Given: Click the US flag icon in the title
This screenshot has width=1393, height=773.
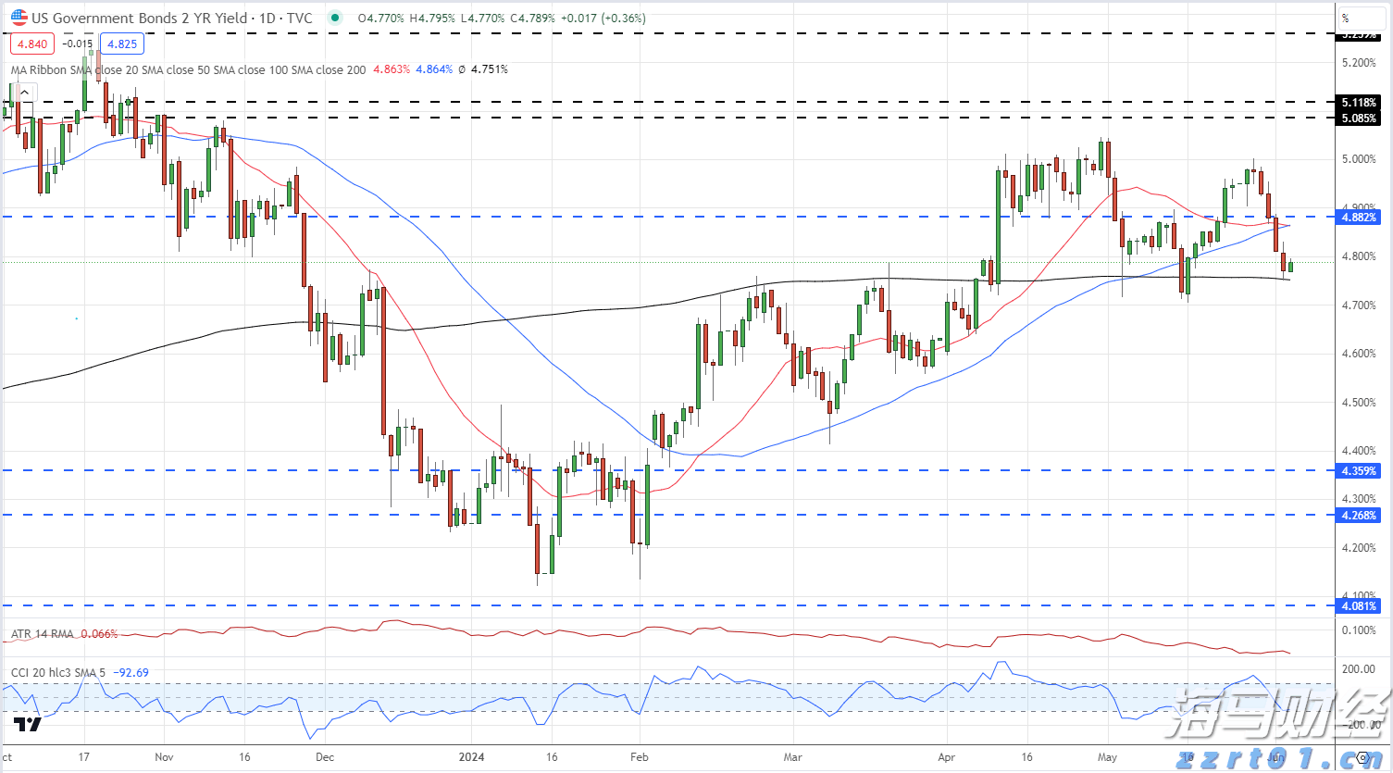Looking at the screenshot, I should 19,18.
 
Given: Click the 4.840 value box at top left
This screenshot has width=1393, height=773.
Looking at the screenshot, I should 32,44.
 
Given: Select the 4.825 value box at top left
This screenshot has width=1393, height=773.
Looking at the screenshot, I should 122,44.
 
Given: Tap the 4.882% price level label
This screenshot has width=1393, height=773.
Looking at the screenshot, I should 1358,218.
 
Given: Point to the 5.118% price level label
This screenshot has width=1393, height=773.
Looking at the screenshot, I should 1358,103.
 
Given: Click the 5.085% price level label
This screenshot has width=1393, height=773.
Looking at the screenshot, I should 1358,118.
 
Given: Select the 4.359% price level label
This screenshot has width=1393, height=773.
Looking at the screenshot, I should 1358,471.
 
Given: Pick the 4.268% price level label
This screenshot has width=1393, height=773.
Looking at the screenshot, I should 1358,516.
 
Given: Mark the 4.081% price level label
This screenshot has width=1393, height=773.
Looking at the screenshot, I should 1358,606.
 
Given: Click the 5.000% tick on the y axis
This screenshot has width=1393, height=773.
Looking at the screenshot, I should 1358,159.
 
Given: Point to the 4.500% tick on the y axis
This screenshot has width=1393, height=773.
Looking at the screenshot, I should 1358,403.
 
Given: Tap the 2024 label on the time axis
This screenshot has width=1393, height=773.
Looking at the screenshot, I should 471,757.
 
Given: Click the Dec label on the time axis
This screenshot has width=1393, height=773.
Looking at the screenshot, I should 324,757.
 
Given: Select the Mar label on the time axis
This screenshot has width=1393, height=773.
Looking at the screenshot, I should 792,757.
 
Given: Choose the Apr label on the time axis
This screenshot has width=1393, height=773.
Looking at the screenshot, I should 946,757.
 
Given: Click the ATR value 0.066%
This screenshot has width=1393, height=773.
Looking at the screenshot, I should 99,634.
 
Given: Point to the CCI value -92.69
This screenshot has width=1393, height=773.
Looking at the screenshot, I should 131,673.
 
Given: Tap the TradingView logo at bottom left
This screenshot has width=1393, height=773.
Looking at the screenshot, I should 28,724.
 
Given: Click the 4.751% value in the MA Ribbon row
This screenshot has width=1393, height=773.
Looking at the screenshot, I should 489,69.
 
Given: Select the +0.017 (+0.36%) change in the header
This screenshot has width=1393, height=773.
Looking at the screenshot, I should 603,18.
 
